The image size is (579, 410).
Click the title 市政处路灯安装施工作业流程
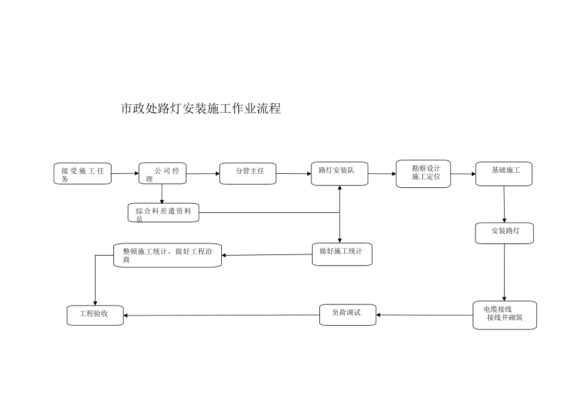[x=201, y=109]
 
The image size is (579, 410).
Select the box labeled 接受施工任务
[x=83, y=174]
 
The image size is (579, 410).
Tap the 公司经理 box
[x=162, y=173]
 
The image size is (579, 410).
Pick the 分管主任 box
[x=248, y=173]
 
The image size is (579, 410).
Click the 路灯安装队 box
[x=339, y=173]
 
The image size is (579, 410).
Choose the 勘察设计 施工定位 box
[x=423, y=173]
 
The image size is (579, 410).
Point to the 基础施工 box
[x=503, y=174]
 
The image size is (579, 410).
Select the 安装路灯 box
[x=505, y=233]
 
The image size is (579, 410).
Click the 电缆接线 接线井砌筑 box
[x=505, y=315]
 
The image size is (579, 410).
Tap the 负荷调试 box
[x=347, y=314]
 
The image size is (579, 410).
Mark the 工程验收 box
[x=95, y=315]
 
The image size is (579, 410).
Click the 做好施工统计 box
[x=341, y=254]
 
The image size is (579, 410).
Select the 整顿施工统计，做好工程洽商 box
[x=168, y=255]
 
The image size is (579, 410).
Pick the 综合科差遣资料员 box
[x=164, y=212]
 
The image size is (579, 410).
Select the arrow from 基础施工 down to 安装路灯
[x=504, y=204]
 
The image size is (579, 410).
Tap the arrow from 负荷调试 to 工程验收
[x=222, y=315]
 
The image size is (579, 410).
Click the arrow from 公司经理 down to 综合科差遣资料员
[x=162, y=193]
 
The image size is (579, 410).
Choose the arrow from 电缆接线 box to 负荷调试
[x=425, y=315]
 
